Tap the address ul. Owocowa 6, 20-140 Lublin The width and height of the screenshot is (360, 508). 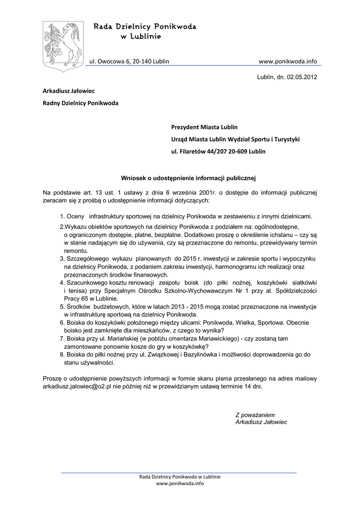click(129, 61)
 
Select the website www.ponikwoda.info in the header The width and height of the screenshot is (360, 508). click(288, 61)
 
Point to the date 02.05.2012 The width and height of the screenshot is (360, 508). click(300, 77)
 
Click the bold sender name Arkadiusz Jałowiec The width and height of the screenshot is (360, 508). click(69, 91)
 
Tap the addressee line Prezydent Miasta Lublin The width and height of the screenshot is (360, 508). click(205, 127)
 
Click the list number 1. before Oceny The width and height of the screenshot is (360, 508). click(63, 216)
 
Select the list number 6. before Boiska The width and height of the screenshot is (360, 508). click(63, 322)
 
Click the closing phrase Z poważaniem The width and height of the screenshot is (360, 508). click(255, 414)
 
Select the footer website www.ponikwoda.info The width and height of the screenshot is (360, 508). click(180, 483)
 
